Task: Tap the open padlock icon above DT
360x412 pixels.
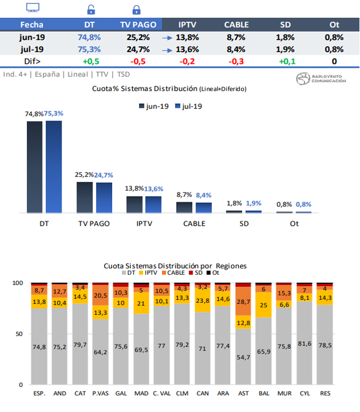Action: tap(90, 9)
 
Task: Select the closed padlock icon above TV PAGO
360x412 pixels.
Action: tap(136, 9)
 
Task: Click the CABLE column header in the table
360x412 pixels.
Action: tap(236, 24)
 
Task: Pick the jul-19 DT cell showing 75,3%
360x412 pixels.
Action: tap(89, 49)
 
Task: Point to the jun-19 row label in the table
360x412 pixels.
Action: tap(32, 37)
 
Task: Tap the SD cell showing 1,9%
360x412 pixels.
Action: tap(285, 49)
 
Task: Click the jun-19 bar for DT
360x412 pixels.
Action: tap(35, 167)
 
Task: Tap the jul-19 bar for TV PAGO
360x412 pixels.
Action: tap(104, 198)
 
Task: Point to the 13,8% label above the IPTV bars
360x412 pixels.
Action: tap(135, 188)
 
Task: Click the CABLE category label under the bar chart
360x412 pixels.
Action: tap(186, 223)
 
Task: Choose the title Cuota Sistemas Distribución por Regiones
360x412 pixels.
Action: tap(175, 266)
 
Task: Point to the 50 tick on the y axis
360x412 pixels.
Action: tap(20, 334)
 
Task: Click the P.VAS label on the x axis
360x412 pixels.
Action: tap(100, 394)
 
